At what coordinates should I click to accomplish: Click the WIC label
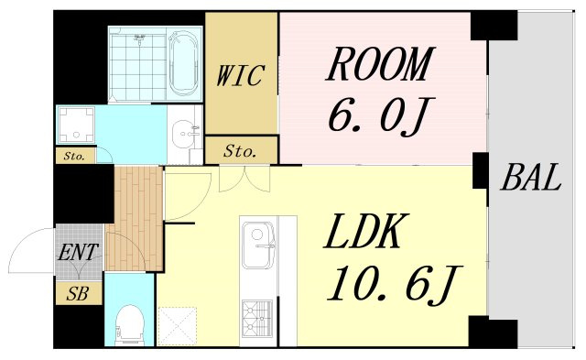coord(240,76)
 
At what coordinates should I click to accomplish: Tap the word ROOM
coord(380,64)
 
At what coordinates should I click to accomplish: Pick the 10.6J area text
coord(395,284)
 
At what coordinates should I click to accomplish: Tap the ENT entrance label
coord(78,252)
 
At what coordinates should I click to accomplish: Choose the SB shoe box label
coord(77,294)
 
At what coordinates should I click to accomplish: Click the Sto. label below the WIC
coord(240,151)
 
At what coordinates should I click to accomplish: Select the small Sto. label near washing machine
coord(73,156)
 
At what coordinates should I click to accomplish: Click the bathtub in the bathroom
coord(183,64)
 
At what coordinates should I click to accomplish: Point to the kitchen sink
coord(258,245)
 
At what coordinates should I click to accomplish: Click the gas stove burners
coord(257,319)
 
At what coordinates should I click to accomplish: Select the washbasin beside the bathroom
coord(184,133)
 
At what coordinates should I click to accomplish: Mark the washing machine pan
coord(76,125)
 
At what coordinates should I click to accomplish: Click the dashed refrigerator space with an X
coord(177,325)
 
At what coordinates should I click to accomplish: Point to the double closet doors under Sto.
coord(244,179)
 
